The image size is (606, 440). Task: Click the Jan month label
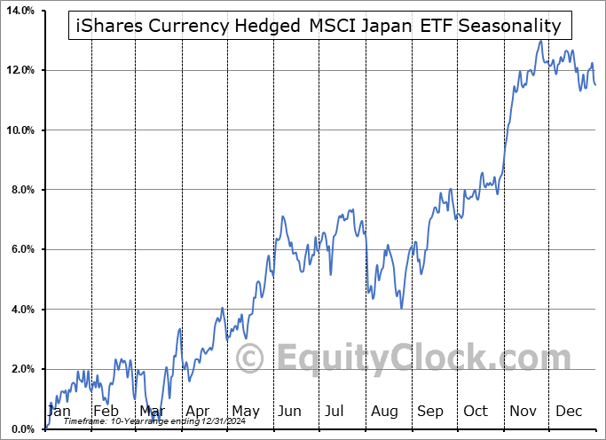pos(59,412)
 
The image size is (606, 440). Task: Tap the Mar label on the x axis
pos(152,412)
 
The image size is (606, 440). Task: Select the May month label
pos(245,412)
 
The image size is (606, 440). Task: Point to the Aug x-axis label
pos(384,412)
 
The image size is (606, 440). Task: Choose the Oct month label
pos(476,412)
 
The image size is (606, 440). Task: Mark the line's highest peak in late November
pos(540,41)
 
